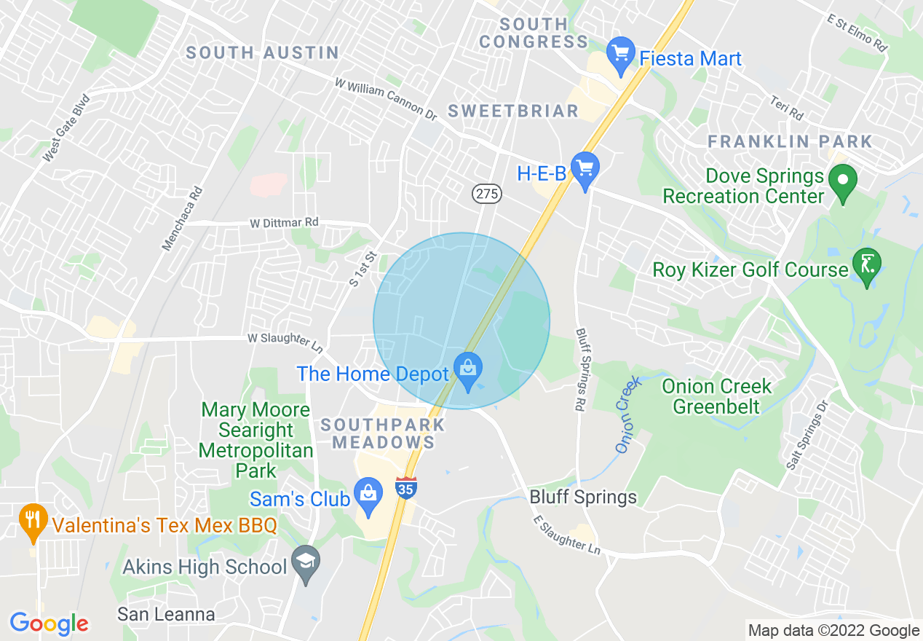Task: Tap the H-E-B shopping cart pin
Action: (585, 170)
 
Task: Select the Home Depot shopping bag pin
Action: (468, 371)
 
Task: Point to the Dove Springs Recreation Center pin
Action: (842, 182)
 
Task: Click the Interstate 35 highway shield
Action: (406, 488)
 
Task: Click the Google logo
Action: (49, 624)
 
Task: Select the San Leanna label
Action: (166, 614)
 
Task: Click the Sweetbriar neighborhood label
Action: (513, 111)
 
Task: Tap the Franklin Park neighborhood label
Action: (790, 141)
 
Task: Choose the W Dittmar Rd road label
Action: (284, 221)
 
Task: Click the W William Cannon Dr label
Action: (385, 99)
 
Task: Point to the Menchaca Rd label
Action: (182, 218)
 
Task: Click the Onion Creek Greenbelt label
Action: (717, 396)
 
